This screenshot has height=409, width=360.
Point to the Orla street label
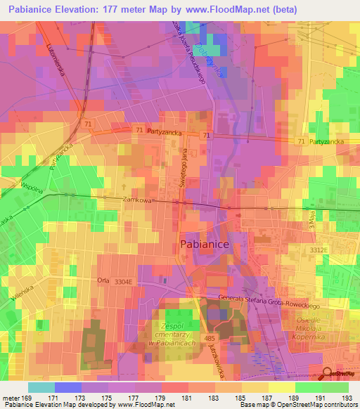pyautogui.click(x=103, y=280)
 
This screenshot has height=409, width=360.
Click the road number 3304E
pyautogui.click(x=124, y=281)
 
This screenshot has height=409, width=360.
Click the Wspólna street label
pyautogui.click(x=13, y=189)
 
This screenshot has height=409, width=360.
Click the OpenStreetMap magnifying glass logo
pyautogui.click(x=328, y=375)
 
